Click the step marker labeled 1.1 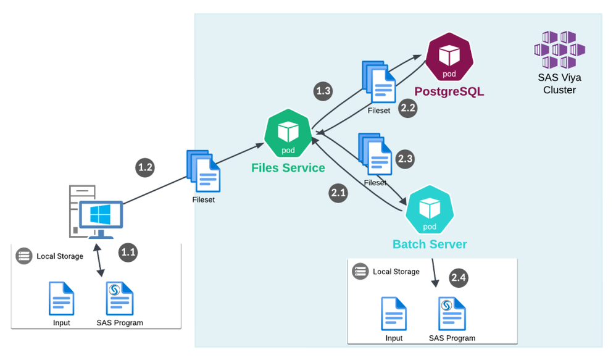pyautogui.click(x=128, y=252)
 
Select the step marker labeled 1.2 pyautogui.click(x=145, y=167)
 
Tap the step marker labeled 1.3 pyautogui.click(x=323, y=91)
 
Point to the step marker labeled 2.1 pyautogui.click(x=339, y=193)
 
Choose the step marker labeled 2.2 pyautogui.click(x=408, y=107)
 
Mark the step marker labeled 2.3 pyautogui.click(x=405, y=159)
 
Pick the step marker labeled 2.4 pyautogui.click(x=459, y=278)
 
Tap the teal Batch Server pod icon pyautogui.click(x=430, y=212)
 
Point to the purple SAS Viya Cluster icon pyautogui.click(x=559, y=50)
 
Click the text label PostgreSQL pyautogui.click(x=449, y=92)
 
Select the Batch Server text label pyautogui.click(x=430, y=244)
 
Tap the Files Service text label pyautogui.click(x=288, y=168)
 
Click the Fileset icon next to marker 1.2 pyautogui.click(x=203, y=171)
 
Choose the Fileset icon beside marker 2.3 pyautogui.click(x=376, y=155)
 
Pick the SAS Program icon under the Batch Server pyautogui.click(x=452, y=314)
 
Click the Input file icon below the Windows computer pyautogui.click(x=62, y=298)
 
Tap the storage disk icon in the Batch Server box pyautogui.click(x=360, y=271)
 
